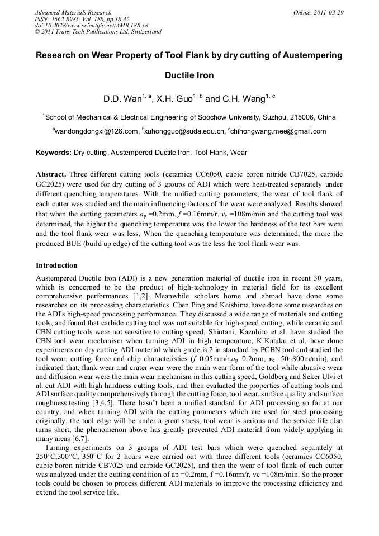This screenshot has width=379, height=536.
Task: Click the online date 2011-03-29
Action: [x=329, y=12]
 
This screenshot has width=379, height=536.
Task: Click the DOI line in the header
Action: [x=91, y=25]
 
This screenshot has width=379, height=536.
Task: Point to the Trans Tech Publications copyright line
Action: [x=98, y=32]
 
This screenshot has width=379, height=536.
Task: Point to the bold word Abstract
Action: [x=53, y=174]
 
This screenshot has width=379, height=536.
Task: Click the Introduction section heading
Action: [x=56, y=265]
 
